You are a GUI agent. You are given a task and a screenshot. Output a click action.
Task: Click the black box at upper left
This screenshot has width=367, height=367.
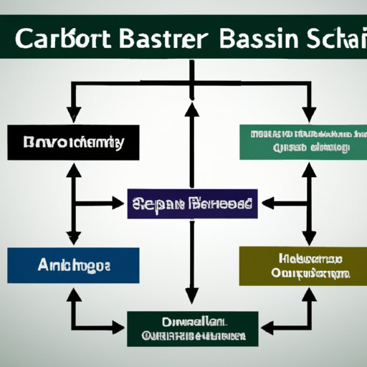[x=65, y=142]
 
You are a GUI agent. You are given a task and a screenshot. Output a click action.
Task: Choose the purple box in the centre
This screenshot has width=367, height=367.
[x=191, y=204]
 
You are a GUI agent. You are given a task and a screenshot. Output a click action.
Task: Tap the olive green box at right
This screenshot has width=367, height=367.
[x=300, y=266]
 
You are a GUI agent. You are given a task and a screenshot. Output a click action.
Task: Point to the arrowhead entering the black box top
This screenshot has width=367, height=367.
[x=73, y=115]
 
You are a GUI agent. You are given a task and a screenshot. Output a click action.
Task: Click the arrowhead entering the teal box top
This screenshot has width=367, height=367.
[x=309, y=115]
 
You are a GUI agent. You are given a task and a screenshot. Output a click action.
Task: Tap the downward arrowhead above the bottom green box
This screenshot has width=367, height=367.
[x=191, y=295]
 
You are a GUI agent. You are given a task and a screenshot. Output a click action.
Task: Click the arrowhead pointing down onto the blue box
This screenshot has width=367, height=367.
[x=73, y=238]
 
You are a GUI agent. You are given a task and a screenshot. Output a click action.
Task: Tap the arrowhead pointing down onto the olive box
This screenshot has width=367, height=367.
[x=309, y=238]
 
